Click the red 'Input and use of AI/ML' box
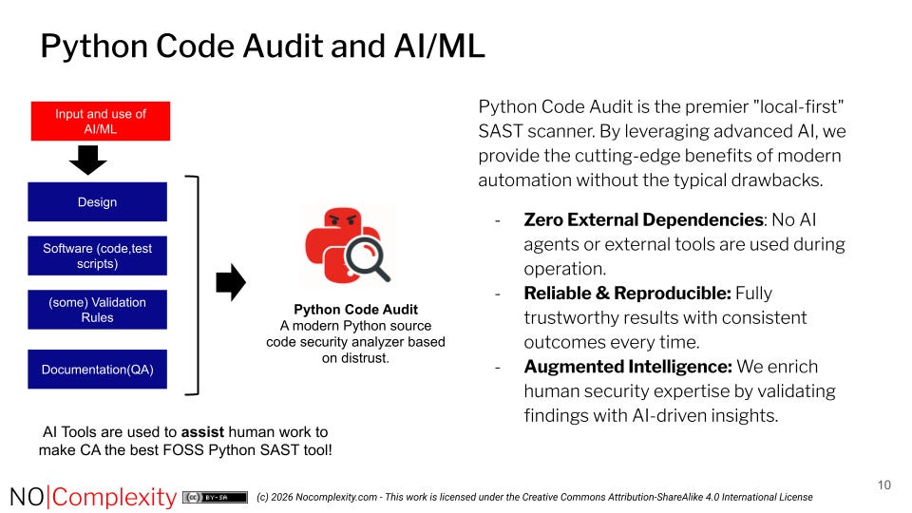(x=100, y=121)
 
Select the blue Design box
(x=97, y=201)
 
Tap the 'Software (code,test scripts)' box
(x=97, y=256)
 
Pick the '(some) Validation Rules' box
(x=97, y=310)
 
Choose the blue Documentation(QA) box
(x=97, y=369)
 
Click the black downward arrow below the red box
(x=88, y=162)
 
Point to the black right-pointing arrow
(x=231, y=282)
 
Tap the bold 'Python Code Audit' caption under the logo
(x=355, y=310)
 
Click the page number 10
(x=883, y=485)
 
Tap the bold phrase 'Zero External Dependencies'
(x=643, y=220)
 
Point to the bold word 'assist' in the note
(x=202, y=431)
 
